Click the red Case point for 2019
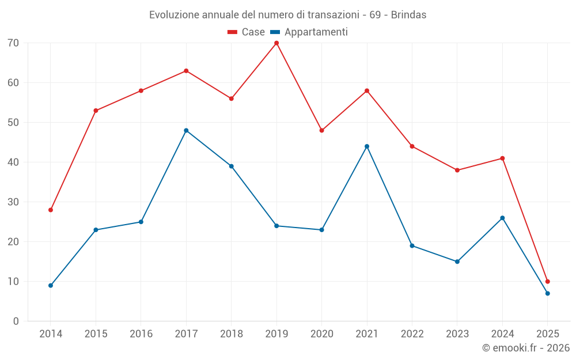[x=276, y=43]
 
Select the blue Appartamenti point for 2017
[x=186, y=131]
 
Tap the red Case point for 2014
[x=51, y=210]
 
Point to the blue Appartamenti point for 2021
[x=367, y=146]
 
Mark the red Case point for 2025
[x=547, y=282]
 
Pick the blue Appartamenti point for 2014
[x=51, y=286]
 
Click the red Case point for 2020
[x=321, y=131]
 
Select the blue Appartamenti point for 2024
[x=502, y=218]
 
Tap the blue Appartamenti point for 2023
[x=457, y=262]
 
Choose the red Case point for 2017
[x=186, y=71]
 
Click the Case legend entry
[x=246, y=32]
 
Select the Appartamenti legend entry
[x=309, y=32]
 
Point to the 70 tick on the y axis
[x=13, y=43]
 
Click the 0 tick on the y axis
[x=16, y=321]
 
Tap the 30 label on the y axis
[x=13, y=202]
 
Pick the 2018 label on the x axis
[x=231, y=334]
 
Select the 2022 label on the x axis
[x=412, y=334]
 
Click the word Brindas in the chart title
[x=408, y=15]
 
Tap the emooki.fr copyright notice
[x=525, y=348]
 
